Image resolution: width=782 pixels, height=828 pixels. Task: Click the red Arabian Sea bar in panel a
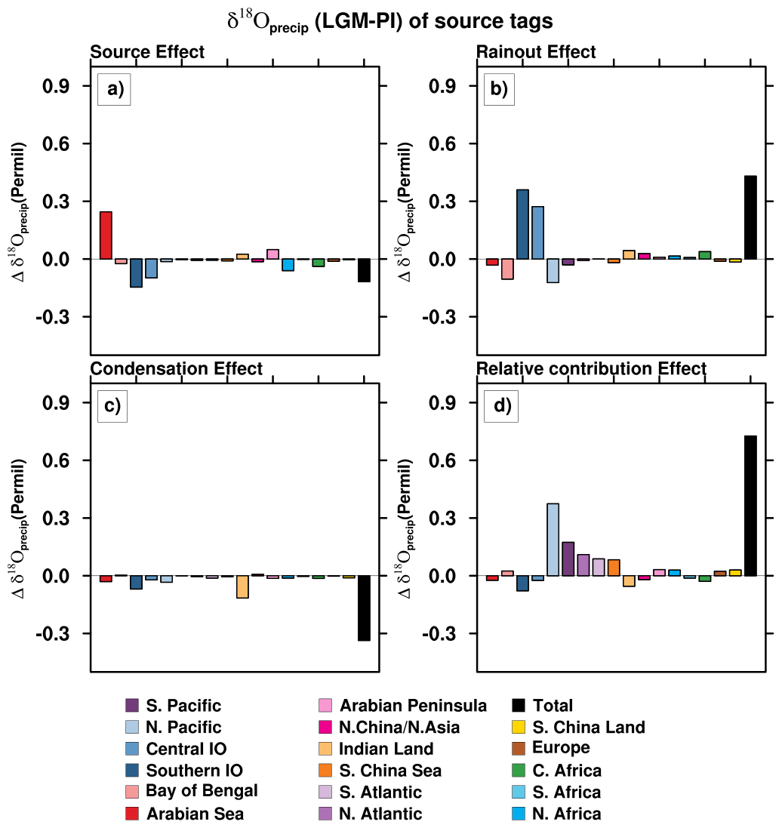106,235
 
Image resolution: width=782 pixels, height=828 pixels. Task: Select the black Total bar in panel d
750,506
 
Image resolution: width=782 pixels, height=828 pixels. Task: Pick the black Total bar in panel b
750,217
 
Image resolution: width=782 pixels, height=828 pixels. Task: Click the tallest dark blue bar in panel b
522,224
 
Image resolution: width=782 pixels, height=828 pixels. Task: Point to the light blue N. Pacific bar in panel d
553,540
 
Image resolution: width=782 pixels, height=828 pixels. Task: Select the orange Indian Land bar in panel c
242,587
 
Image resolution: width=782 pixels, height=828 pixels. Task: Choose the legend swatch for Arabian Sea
132,813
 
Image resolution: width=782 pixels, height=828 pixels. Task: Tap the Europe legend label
561,748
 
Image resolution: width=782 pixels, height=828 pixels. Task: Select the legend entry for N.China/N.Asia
399,727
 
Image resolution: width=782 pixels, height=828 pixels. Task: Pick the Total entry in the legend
553,706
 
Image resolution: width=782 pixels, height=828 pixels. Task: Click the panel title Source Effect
147,52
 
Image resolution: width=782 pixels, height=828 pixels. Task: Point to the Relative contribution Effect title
591,368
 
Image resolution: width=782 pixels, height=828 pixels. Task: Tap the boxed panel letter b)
499,89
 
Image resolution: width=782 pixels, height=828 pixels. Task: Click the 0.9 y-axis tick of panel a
57,86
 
